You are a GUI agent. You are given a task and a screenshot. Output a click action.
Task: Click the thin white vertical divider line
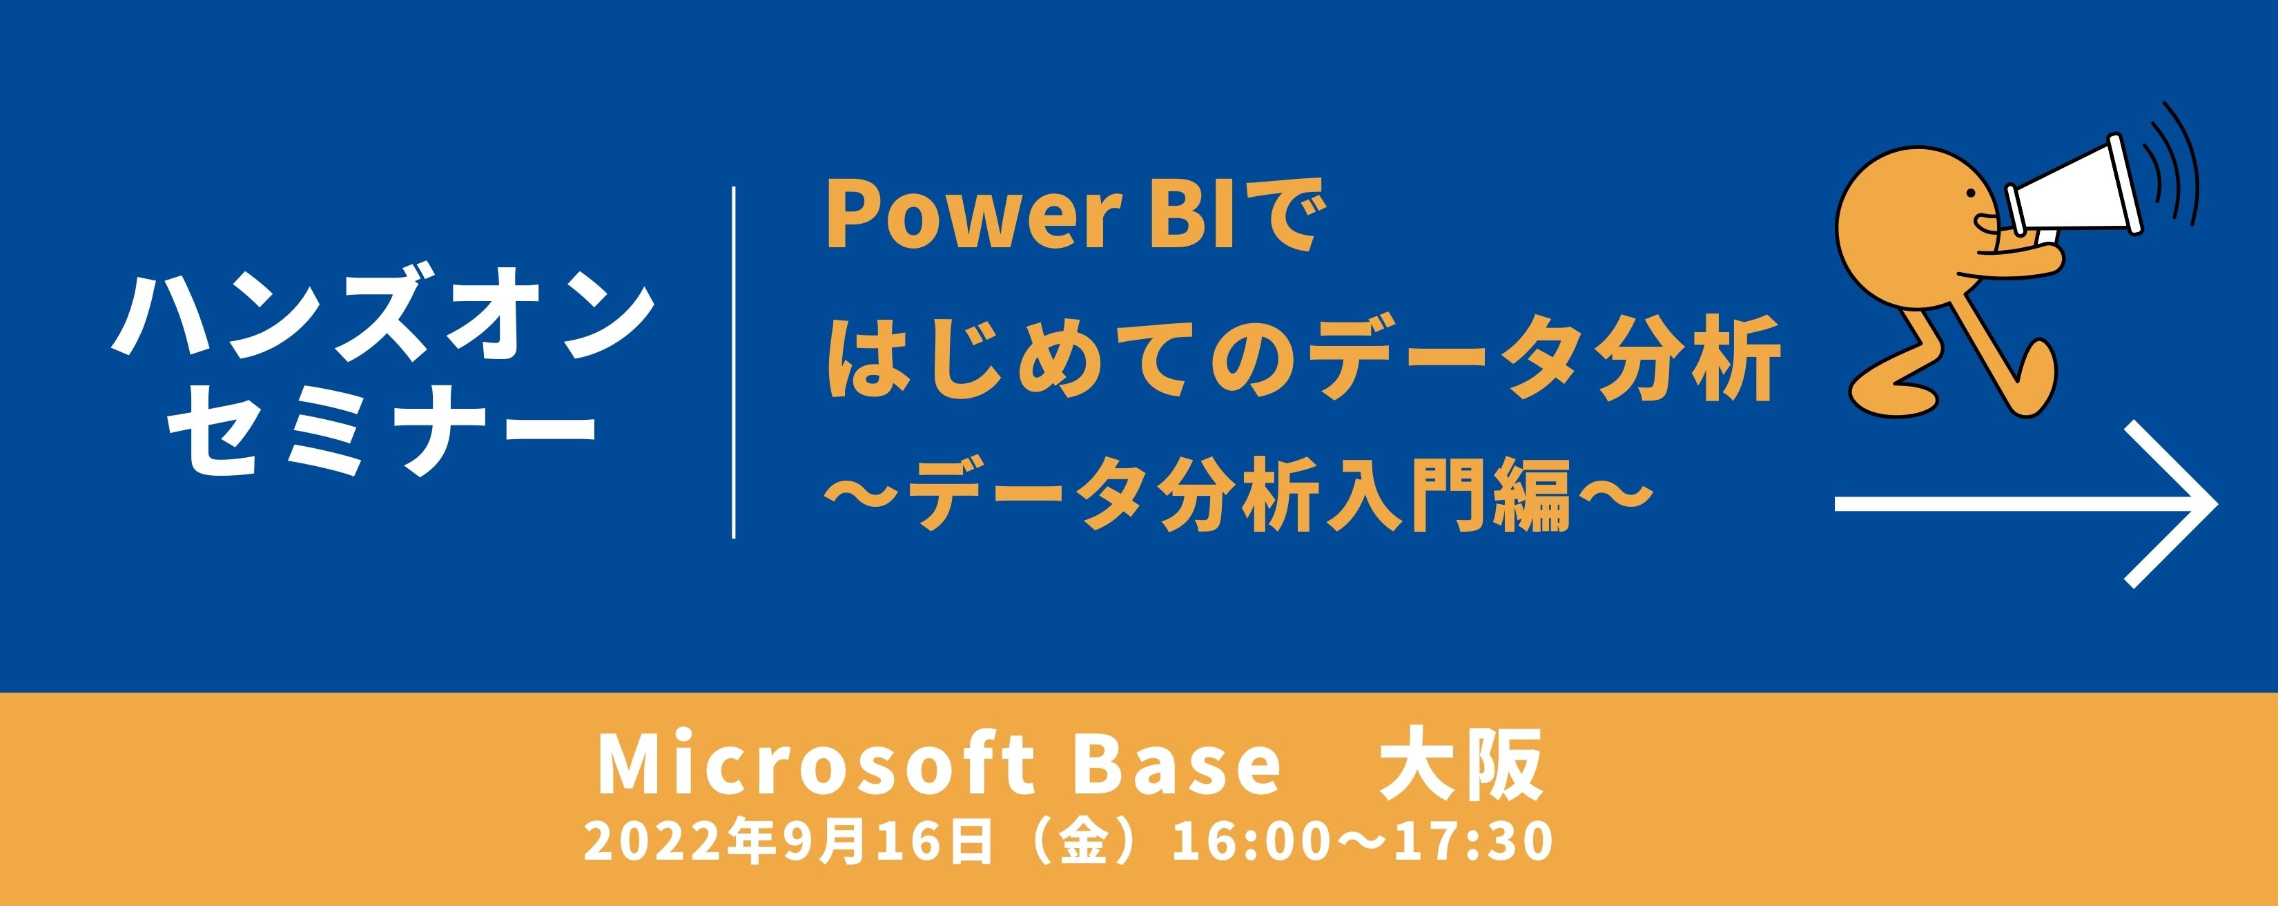734,362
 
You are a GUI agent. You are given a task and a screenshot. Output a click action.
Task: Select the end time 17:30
1473,840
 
